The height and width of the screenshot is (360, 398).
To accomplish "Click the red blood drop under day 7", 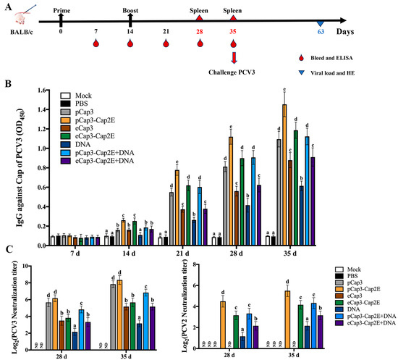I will point(96,43).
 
